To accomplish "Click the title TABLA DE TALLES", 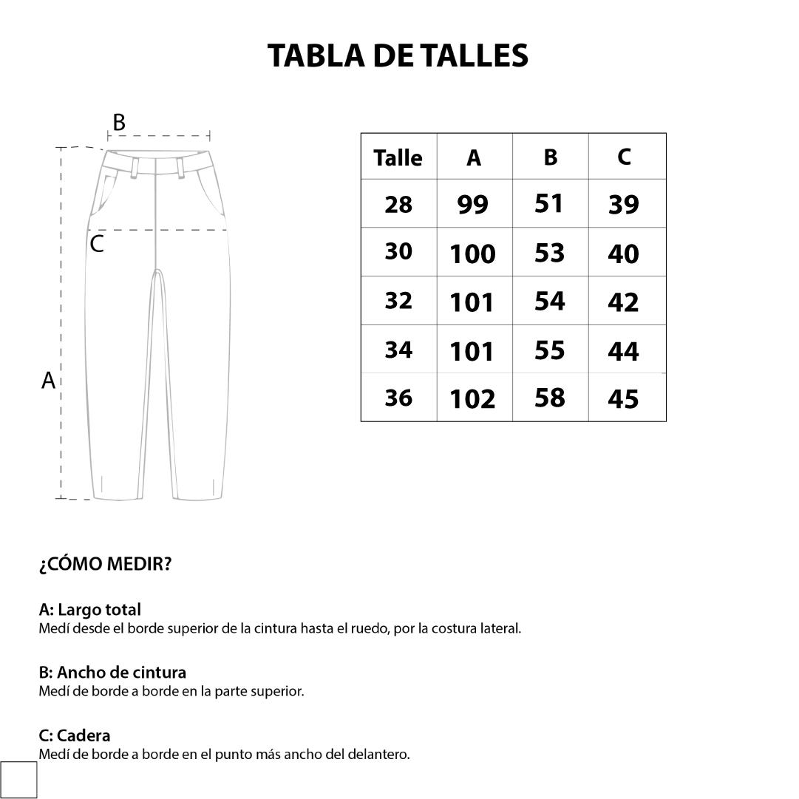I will click(398, 55).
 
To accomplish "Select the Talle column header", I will click(398, 158).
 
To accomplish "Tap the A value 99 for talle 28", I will click(473, 205).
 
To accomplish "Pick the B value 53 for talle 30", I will click(549, 253).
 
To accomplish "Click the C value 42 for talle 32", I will click(623, 302).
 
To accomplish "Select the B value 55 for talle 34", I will click(549, 350).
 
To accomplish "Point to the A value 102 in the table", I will click(473, 399).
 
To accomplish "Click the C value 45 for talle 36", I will click(623, 399).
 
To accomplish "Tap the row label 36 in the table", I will click(398, 398).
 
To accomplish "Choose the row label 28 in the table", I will click(398, 205).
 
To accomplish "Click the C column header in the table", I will click(625, 157).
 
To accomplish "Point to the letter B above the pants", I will click(118, 122).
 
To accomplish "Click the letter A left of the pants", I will click(48, 381).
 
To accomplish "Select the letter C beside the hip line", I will click(97, 245).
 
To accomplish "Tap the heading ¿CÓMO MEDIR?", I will click(105, 565).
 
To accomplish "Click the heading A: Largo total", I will click(89, 610).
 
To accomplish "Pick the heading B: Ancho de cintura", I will click(112, 673).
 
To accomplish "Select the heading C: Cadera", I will click(75, 735).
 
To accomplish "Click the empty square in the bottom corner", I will click(18, 780).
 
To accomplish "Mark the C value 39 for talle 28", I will click(623, 205).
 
